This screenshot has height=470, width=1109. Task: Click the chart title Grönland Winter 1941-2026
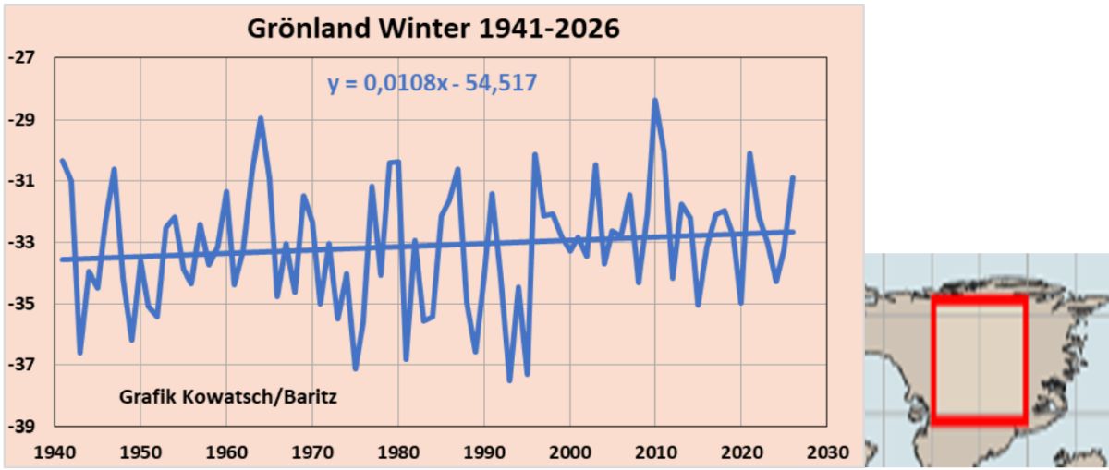[433, 28]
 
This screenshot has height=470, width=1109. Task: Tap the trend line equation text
[433, 83]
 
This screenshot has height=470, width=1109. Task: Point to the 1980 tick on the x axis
[398, 453]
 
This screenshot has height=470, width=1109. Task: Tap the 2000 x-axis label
[570, 453]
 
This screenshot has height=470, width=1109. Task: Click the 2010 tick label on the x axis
[656, 453]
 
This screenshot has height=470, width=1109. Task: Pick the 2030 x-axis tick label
[828, 453]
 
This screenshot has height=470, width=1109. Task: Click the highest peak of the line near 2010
[655, 101]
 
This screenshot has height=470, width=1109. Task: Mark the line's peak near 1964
[261, 118]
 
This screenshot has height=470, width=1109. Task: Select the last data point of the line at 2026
[793, 177]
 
